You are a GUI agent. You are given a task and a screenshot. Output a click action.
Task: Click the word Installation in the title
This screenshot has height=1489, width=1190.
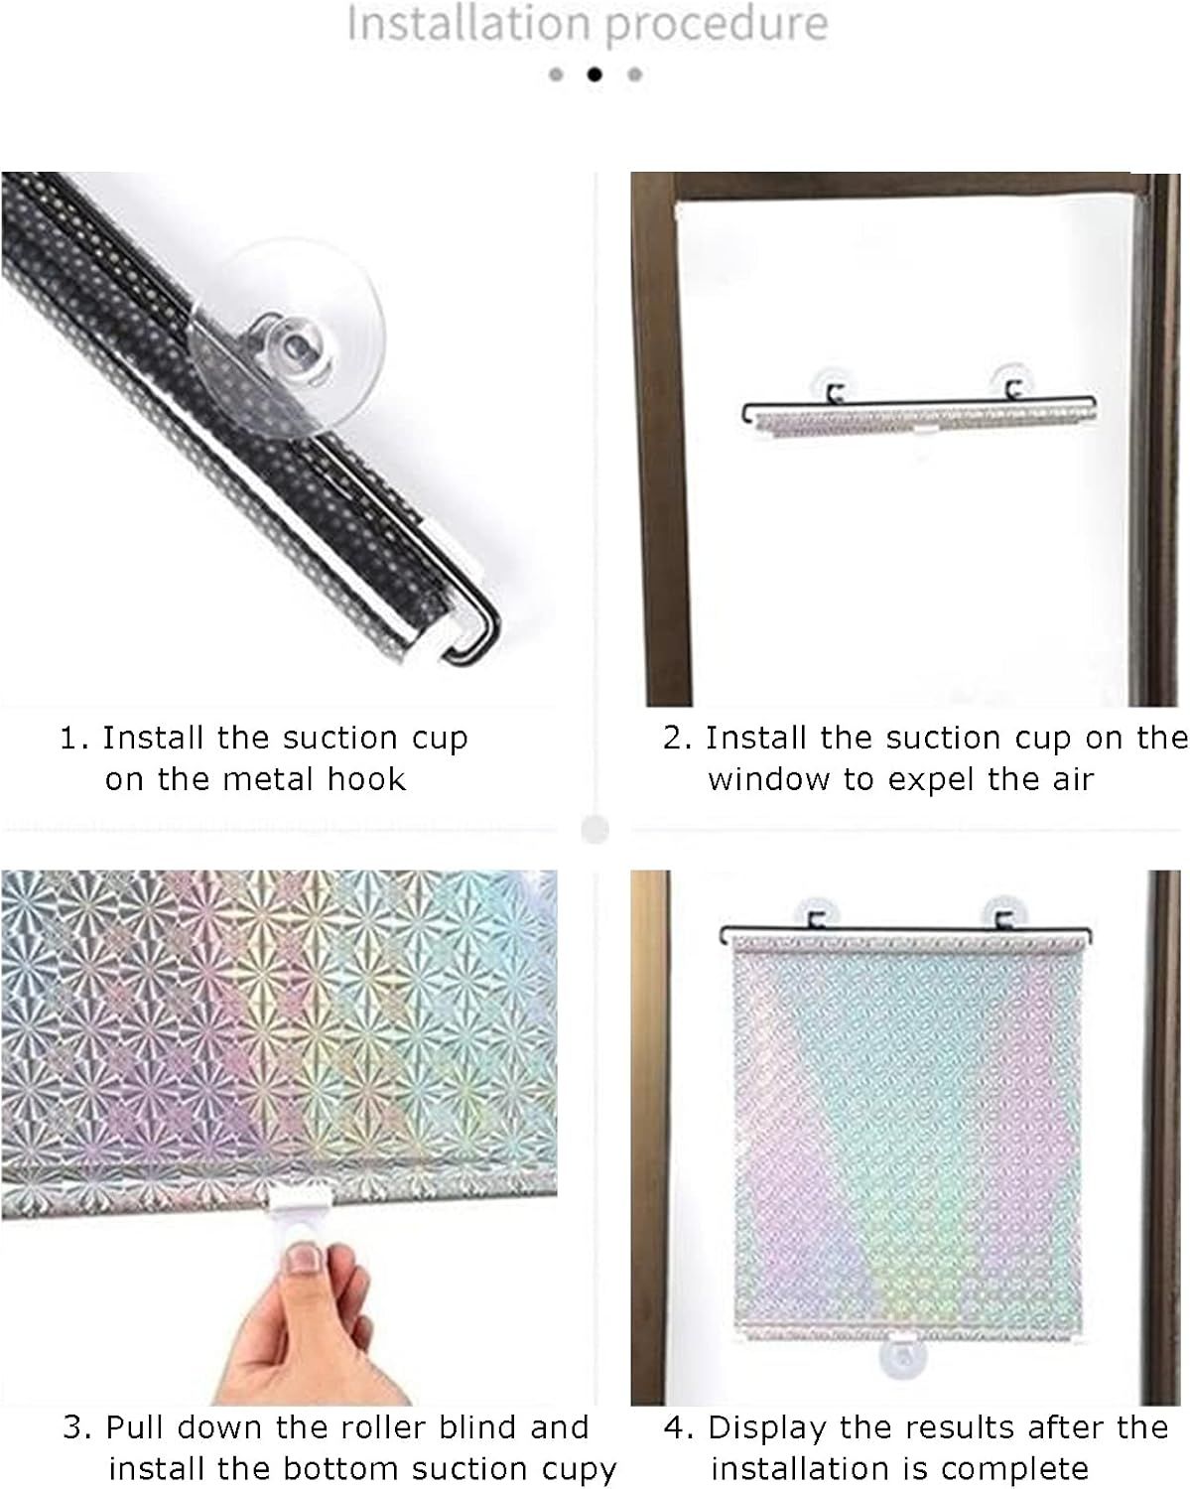(468, 24)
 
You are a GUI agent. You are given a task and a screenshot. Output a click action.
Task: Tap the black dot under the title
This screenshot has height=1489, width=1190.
(595, 74)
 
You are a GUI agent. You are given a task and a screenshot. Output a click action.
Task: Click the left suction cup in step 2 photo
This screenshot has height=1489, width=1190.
(835, 385)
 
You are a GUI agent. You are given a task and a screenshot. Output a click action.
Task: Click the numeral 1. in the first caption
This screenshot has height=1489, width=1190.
(74, 739)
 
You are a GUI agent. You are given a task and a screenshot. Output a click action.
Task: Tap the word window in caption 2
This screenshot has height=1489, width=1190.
(768, 780)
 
